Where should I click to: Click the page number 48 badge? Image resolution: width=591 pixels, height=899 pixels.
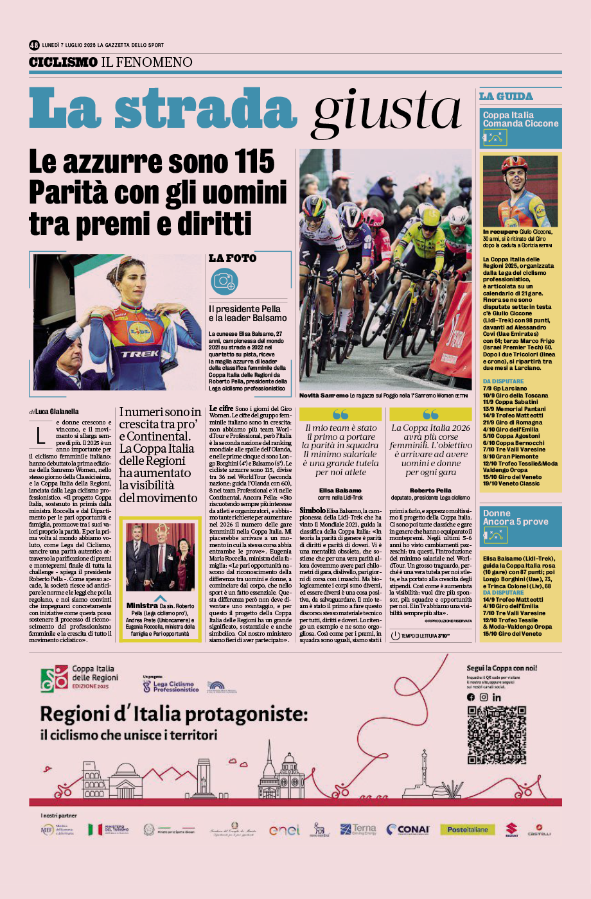[x=34, y=45]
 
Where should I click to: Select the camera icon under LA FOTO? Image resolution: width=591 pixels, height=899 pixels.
[x=224, y=281]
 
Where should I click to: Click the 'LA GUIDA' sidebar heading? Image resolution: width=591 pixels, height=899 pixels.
[x=506, y=96]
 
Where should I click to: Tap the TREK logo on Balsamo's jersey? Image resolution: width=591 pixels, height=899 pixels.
[x=140, y=354]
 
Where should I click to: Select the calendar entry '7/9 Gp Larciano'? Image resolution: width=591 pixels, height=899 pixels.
[x=505, y=388]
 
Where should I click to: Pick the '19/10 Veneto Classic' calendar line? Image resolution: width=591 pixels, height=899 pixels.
[x=511, y=484]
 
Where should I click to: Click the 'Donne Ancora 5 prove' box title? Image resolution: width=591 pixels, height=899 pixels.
[x=516, y=518]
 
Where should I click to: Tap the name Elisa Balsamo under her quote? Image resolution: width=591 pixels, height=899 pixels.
[x=340, y=491]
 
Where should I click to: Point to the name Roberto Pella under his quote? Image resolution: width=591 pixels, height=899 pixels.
[x=430, y=491]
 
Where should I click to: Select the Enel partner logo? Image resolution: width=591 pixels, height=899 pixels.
[x=285, y=830]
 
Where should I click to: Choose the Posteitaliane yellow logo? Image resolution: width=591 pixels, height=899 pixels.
[x=468, y=830]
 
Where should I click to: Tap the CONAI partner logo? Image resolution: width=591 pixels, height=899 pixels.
[x=409, y=830]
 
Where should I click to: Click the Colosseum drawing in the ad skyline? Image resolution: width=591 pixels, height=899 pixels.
[x=94, y=779]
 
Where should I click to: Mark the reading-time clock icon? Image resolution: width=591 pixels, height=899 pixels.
[x=396, y=636]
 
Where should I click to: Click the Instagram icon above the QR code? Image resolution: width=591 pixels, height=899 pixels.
[x=484, y=697]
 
